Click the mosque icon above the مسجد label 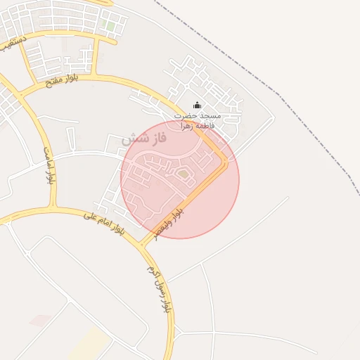point(196,106)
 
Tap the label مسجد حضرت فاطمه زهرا point(198,120)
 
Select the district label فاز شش point(144,139)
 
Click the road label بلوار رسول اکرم point(158,288)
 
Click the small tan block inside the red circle point(183,172)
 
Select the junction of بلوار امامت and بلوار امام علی point(52,209)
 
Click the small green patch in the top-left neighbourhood point(109,26)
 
